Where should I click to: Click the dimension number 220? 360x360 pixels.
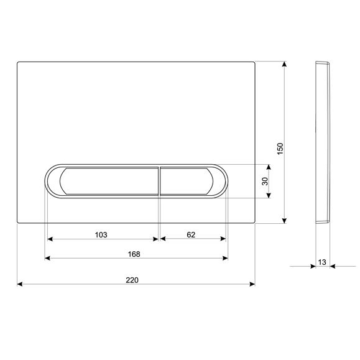click(x=132, y=280)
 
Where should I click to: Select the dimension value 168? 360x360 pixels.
click(x=134, y=254)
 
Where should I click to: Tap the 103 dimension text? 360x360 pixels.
click(x=101, y=235)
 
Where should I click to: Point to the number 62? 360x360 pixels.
click(x=191, y=234)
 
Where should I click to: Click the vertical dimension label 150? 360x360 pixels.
click(x=280, y=149)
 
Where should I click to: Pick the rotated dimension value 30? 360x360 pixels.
click(x=265, y=181)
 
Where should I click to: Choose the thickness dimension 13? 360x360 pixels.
click(x=322, y=262)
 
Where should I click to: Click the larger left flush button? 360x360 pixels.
click(x=109, y=181)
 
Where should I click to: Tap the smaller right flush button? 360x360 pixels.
click(x=187, y=181)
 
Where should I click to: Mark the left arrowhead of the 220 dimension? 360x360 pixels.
click(x=20, y=284)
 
